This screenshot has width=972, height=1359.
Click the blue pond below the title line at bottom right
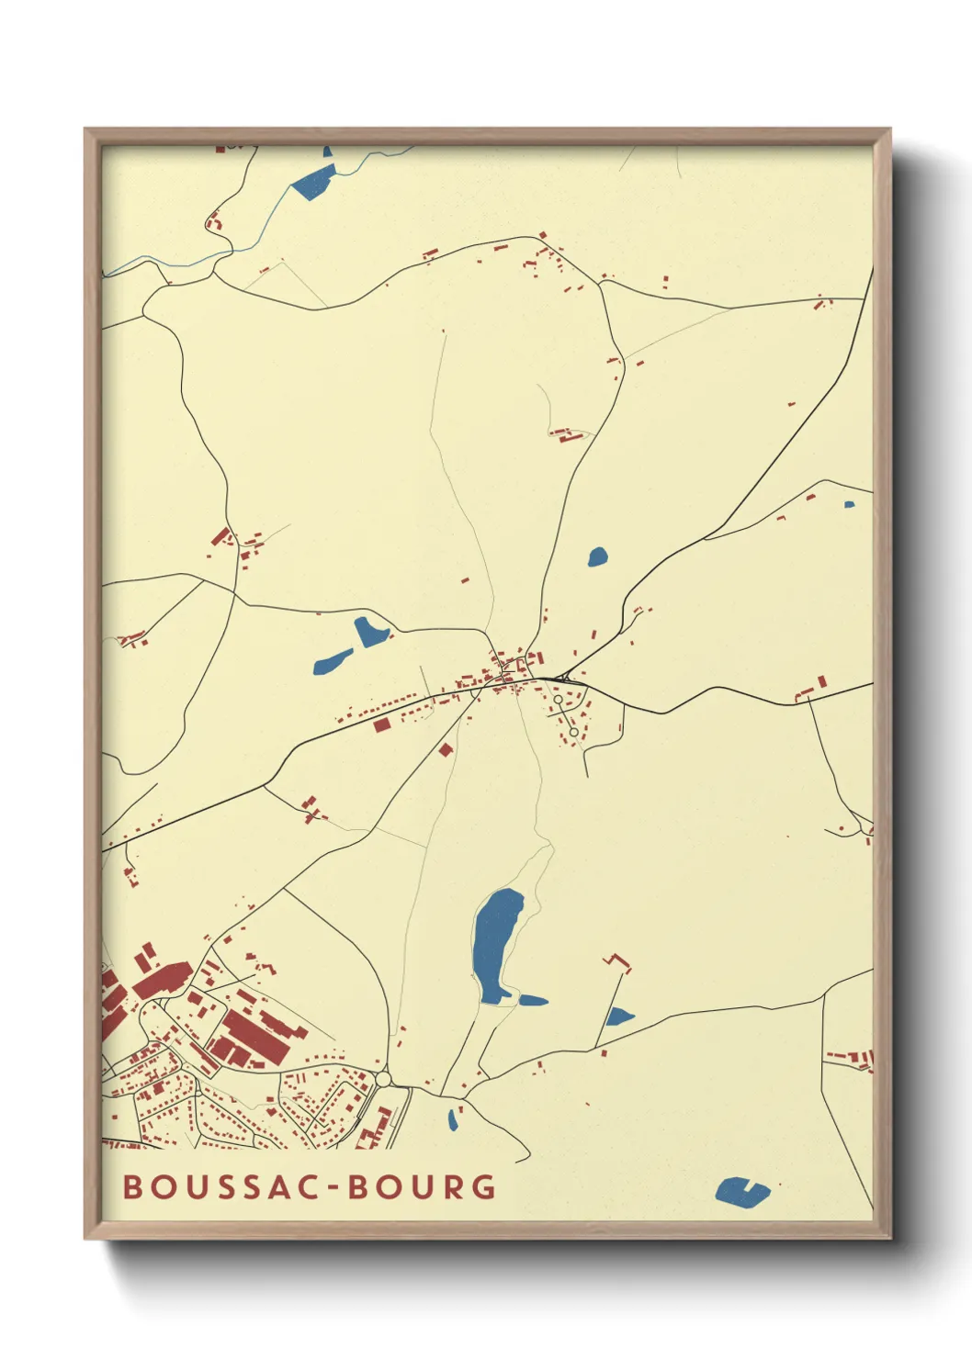(x=740, y=1192)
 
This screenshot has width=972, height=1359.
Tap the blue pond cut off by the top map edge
(x=315, y=182)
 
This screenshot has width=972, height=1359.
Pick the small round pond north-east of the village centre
(x=597, y=556)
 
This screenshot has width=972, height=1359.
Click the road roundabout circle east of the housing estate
(x=383, y=1078)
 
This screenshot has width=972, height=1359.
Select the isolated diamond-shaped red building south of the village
(x=446, y=749)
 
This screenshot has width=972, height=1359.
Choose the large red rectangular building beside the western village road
(x=382, y=724)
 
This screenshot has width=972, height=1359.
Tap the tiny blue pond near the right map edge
(x=849, y=504)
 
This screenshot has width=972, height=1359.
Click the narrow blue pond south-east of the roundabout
(x=453, y=1119)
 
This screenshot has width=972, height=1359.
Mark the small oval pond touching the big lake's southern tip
(x=533, y=1000)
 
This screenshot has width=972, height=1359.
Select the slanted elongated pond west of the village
(x=332, y=661)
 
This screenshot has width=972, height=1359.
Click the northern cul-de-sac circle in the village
(x=558, y=700)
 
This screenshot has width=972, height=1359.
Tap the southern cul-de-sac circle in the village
(x=573, y=732)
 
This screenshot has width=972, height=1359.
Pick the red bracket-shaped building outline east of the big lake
(x=618, y=962)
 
